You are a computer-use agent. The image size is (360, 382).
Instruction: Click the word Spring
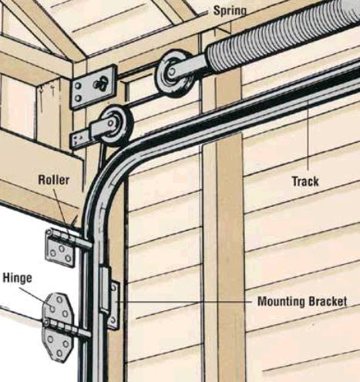(x=230, y=12)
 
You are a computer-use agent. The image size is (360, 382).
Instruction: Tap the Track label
(x=305, y=181)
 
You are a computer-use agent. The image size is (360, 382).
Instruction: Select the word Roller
(x=54, y=180)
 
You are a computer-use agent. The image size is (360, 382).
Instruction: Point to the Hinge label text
(x=17, y=278)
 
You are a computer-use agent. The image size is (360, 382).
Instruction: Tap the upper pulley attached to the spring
(x=175, y=73)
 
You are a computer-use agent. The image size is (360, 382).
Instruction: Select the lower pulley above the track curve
(x=116, y=126)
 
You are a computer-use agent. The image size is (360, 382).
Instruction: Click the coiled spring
(x=283, y=36)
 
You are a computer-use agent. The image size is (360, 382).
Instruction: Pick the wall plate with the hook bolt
(x=93, y=87)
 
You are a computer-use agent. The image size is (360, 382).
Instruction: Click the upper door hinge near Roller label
(x=61, y=248)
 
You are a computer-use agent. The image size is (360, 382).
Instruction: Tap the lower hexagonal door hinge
(x=58, y=327)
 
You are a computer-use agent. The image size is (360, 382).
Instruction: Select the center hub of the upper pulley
(x=170, y=72)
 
